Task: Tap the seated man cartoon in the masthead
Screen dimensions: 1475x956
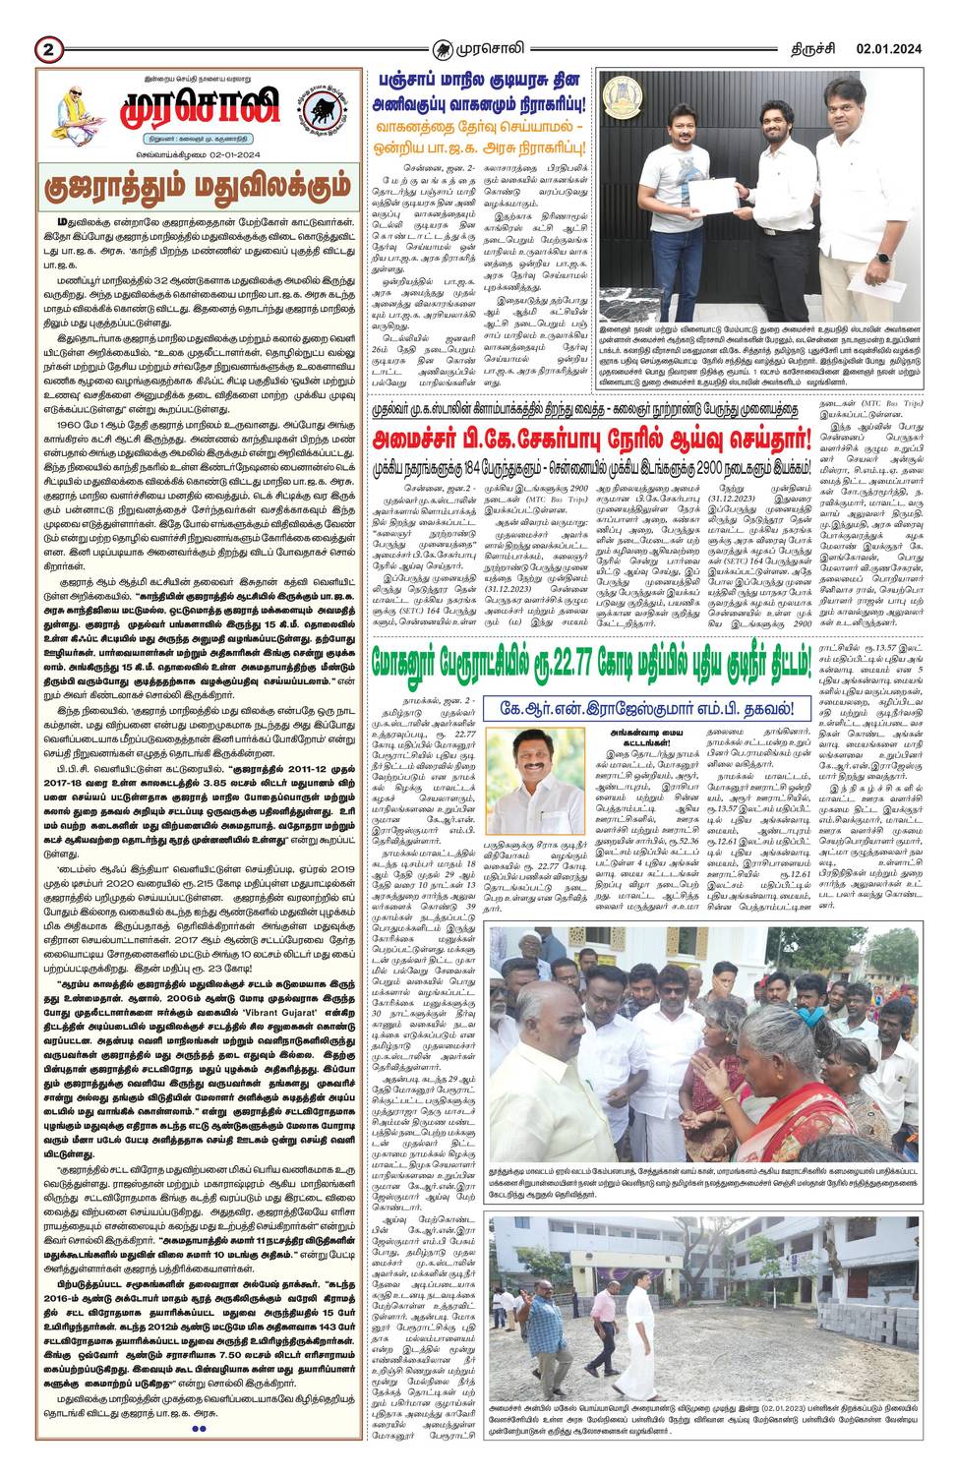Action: click(x=80, y=111)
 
